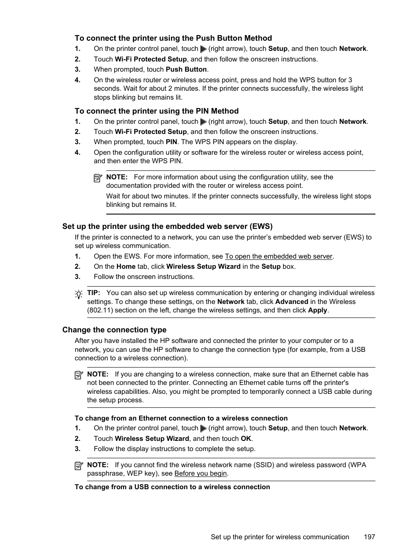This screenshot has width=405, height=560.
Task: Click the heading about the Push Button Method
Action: point(173,38)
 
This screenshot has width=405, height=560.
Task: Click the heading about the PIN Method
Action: point(157,111)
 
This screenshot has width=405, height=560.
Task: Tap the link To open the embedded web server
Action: point(278,256)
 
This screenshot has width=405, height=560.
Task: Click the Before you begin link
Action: point(200,474)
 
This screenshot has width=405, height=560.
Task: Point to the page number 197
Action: point(369,537)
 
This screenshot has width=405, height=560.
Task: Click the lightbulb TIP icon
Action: point(79,294)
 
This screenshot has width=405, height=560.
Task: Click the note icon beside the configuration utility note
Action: point(98,178)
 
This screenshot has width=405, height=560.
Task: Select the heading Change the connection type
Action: point(114,330)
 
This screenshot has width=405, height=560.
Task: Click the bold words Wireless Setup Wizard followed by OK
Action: point(152,439)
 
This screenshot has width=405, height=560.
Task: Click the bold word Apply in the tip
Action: point(317,310)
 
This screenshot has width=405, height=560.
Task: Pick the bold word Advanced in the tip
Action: point(291,302)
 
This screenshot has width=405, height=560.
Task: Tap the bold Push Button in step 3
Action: point(186,70)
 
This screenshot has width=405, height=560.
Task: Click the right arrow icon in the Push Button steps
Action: point(203,49)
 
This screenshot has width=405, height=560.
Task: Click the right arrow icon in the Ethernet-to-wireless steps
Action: point(203,429)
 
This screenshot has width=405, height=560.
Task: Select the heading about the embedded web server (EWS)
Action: point(167,226)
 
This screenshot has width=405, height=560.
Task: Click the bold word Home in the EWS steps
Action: point(126,267)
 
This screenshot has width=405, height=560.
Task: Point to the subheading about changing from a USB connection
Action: point(172,487)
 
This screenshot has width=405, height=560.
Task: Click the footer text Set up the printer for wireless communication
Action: point(280,537)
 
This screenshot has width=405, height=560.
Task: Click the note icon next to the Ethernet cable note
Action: point(79,375)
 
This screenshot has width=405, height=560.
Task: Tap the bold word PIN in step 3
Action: point(171,142)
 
